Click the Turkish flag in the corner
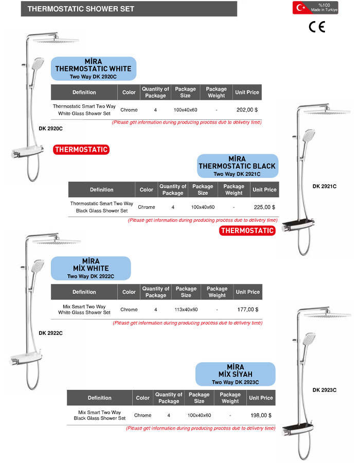(300, 8)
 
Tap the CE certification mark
(317, 27)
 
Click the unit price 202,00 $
(247, 110)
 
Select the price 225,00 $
(264, 207)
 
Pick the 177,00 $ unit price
(248, 310)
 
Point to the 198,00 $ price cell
(261, 415)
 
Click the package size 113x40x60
(186, 310)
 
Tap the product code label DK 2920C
(50, 128)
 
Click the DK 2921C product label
(324, 186)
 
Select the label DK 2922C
(50, 333)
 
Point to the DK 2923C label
(324, 390)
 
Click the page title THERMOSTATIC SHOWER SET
(81, 9)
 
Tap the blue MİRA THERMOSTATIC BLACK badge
(237, 166)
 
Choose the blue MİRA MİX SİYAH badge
(235, 373)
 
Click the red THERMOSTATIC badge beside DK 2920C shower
(81, 150)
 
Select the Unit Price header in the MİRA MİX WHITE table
(247, 292)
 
